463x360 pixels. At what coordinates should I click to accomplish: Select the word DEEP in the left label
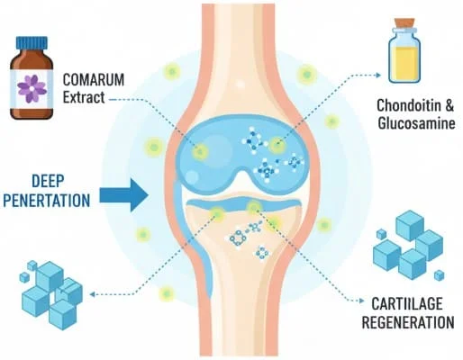(x=51, y=178)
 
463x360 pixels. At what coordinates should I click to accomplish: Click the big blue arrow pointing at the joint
(x=124, y=192)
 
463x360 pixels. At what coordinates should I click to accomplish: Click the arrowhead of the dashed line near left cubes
(x=95, y=292)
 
